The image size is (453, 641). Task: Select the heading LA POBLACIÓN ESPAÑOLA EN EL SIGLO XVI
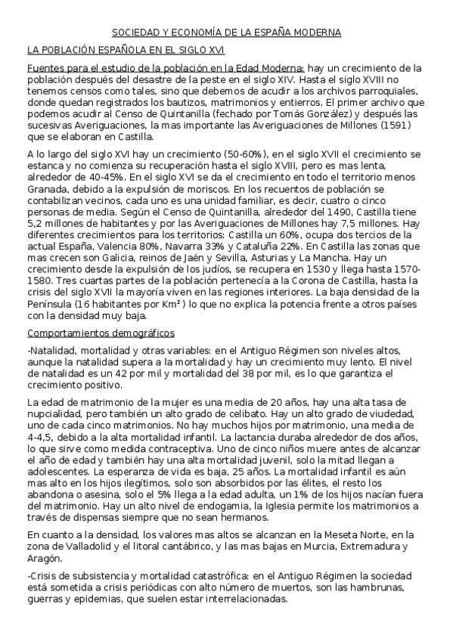point(125,51)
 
